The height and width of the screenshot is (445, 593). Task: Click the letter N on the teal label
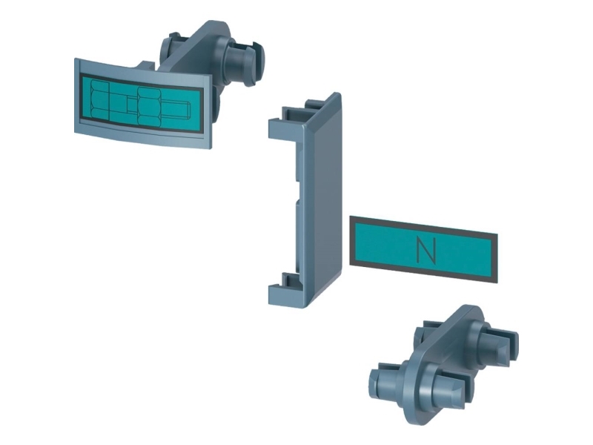coord(426,251)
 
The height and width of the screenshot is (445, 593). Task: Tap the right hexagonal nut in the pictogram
coord(150,106)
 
